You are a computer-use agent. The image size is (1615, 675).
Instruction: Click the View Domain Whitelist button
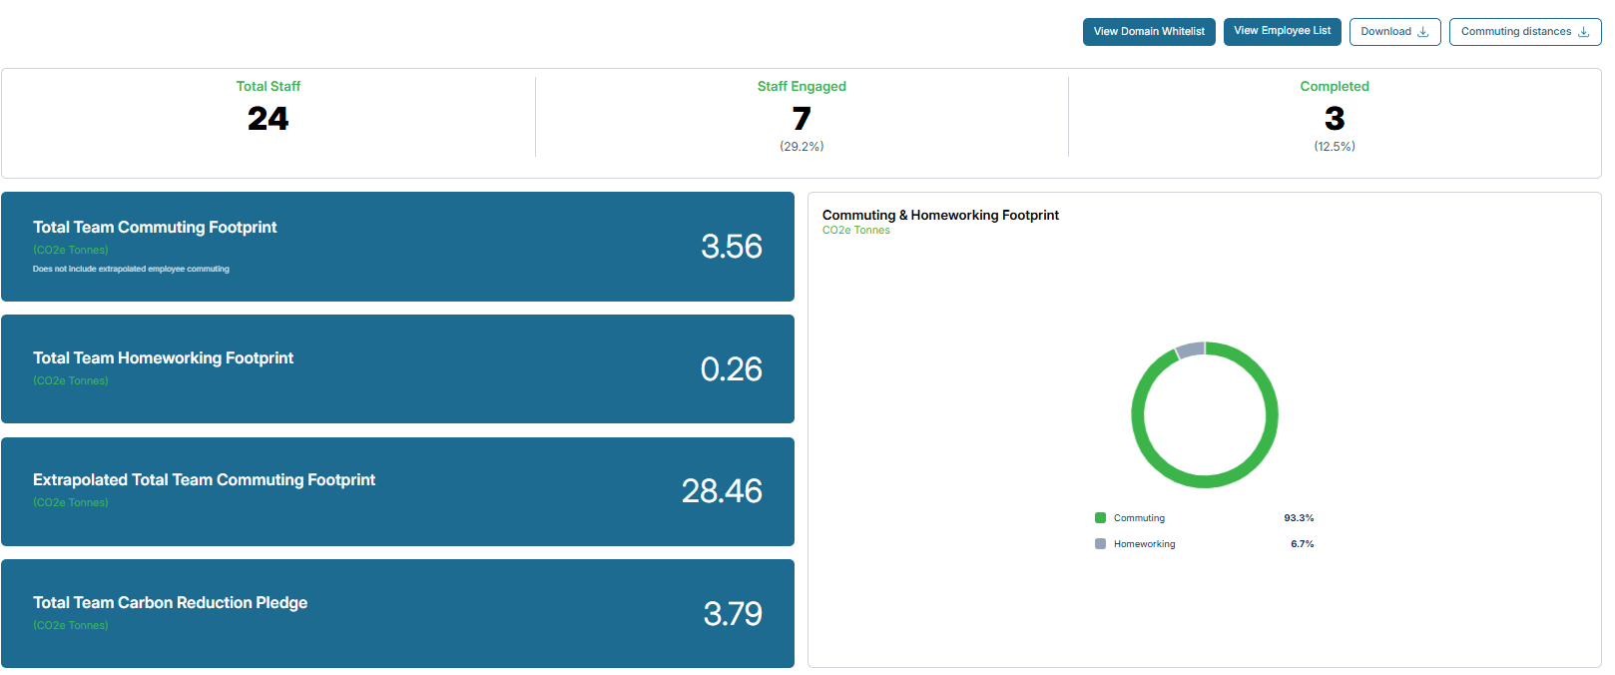[x=1149, y=32]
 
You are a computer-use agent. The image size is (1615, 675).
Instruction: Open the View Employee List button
[x=1282, y=32]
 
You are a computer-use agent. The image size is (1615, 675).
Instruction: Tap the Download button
[x=1394, y=32]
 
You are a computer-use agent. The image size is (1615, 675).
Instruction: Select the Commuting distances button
[x=1525, y=32]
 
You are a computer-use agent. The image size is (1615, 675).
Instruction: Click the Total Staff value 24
[x=269, y=118]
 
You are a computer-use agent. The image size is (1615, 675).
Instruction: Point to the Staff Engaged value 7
[x=802, y=118]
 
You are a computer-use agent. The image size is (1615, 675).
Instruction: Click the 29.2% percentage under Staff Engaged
[x=802, y=147]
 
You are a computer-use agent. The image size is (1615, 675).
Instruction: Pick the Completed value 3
[x=1335, y=118]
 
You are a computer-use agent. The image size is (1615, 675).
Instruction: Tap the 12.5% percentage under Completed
[x=1335, y=147]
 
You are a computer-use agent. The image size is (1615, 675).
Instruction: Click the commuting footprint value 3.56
[x=731, y=247]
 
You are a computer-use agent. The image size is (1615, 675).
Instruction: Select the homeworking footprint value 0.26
[x=731, y=369]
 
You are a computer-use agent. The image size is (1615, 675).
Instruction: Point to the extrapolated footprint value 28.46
[x=722, y=491]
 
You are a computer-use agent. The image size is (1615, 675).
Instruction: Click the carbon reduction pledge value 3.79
[x=733, y=614]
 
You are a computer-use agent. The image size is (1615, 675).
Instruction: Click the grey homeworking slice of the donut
[x=1191, y=349]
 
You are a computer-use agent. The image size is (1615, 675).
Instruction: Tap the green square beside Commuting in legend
[x=1100, y=518]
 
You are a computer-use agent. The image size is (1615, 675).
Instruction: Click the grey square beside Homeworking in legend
[x=1100, y=544]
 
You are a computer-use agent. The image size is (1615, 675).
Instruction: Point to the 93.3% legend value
[x=1299, y=518]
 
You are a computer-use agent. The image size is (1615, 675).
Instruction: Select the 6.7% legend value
[x=1303, y=544]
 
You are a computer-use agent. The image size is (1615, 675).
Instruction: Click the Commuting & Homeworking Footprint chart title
[x=940, y=215]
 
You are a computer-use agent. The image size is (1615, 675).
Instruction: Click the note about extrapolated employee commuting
[x=131, y=269]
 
